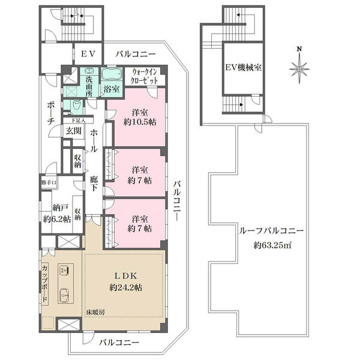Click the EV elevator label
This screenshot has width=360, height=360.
88,54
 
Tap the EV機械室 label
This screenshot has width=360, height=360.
244,68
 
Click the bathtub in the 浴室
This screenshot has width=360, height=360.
112,74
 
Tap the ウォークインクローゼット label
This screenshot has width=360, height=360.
144,76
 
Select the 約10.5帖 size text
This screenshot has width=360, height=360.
140,122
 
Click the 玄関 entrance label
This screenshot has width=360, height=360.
73,131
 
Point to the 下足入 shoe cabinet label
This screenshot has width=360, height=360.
79,121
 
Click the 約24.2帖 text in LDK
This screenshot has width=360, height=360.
126,287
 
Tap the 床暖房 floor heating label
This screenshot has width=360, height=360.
95,312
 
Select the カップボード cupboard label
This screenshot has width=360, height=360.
45,284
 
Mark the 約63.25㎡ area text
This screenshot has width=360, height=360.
272,245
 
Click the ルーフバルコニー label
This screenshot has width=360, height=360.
271,230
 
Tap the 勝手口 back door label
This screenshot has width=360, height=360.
49,183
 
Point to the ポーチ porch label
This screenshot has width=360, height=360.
50,113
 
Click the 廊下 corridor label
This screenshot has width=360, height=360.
94,184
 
